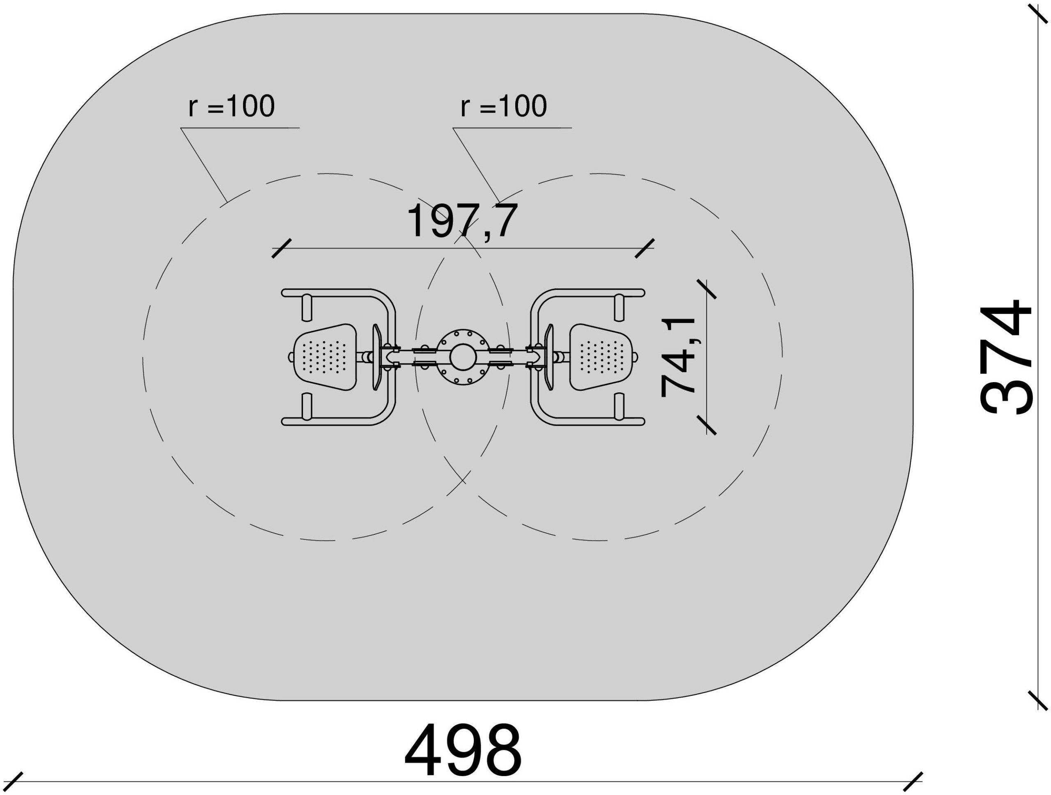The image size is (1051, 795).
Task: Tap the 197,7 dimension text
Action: click(x=462, y=221)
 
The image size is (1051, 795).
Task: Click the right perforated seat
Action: click(x=601, y=357)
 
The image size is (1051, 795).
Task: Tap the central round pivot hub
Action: click(x=463, y=357)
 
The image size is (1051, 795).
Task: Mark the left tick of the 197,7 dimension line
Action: click(x=281, y=248)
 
